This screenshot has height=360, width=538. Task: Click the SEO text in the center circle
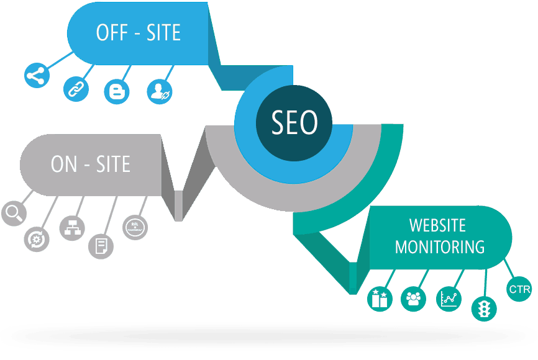coord(294,122)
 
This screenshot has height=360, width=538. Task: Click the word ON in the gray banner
coord(64,164)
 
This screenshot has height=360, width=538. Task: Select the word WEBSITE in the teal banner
coord(437,225)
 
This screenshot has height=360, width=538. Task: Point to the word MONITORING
coord(439,247)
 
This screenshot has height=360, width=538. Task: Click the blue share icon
coord(37,76)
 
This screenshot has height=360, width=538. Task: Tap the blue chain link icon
coord(76,89)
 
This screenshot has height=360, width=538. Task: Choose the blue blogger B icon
coord(117,91)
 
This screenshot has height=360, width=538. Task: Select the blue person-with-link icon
coord(160,91)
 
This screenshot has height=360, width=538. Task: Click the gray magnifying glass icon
coord(14,214)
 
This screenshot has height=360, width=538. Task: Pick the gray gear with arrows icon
coord(37,239)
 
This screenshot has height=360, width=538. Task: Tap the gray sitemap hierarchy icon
coord(72,228)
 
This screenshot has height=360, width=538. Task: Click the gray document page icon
coord(101,246)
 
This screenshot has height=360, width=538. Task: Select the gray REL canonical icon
coord(135,227)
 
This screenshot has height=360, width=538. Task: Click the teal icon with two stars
coord(380,299)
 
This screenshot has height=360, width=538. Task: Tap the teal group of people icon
coord(414,299)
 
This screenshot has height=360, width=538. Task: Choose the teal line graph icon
coord(449,299)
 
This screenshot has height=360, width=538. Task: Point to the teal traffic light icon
coord(484,308)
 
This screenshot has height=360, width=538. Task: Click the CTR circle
coord(519,289)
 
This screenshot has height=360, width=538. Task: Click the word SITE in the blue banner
coord(163,32)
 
